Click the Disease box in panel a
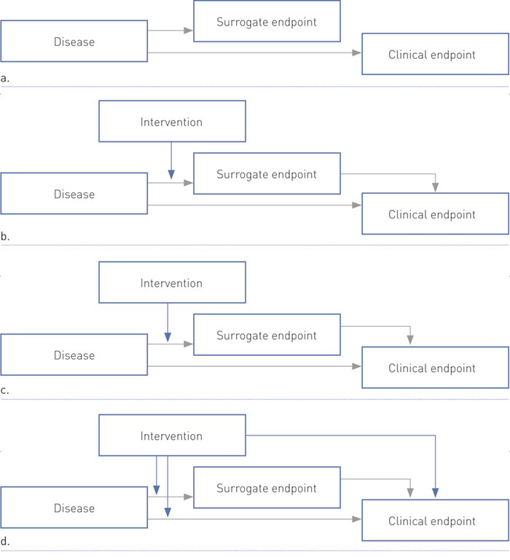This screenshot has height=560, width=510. (x=74, y=42)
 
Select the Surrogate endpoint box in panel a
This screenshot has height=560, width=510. (x=266, y=22)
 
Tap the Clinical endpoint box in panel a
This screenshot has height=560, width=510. (x=435, y=54)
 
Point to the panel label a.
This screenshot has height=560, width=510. (x=5, y=76)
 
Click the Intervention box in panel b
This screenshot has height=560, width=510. (x=171, y=122)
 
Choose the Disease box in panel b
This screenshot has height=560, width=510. (x=74, y=194)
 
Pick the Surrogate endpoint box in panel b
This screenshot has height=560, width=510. (x=266, y=174)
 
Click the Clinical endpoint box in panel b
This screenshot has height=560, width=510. (x=435, y=214)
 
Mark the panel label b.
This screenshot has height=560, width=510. (x=5, y=237)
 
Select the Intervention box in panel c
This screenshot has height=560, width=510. (x=171, y=283)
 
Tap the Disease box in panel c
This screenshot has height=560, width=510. (x=74, y=355)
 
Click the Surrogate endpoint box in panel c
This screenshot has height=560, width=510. (x=266, y=336)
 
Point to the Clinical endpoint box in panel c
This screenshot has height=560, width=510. (x=435, y=368)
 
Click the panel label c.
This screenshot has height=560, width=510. (x=5, y=390)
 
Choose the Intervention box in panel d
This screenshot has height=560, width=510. (x=171, y=436)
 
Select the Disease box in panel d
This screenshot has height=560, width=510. (x=74, y=508)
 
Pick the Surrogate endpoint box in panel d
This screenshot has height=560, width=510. (x=266, y=489)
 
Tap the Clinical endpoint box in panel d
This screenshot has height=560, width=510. (x=435, y=521)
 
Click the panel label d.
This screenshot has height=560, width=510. (x=5, y=543)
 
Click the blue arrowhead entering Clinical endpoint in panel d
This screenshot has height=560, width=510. (x=435, y=493)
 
